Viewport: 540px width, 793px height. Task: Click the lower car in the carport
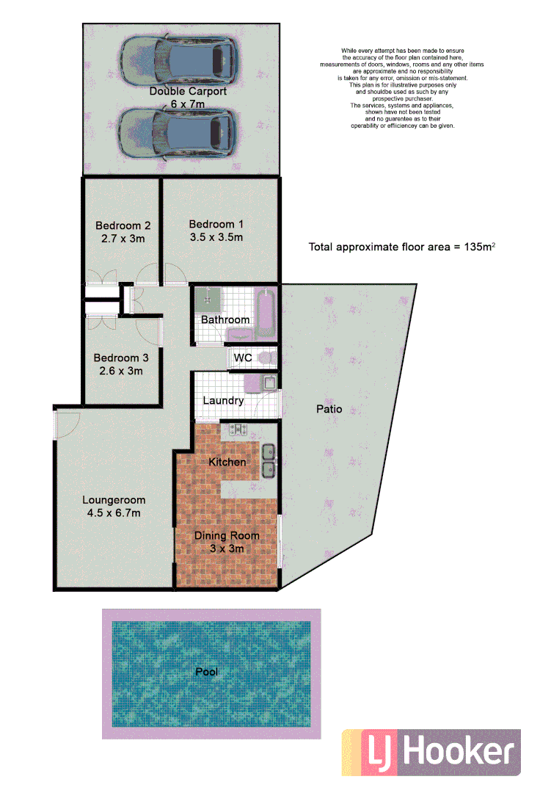pyautogui.click(x=179, y=132)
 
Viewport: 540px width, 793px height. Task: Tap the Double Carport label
pyautogui.click(x=188, y=92)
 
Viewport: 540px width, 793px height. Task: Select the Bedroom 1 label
pyautogui.click(x=216, y=225)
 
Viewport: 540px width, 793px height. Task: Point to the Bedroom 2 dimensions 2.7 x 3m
pyautogui.click(x=123, y=239)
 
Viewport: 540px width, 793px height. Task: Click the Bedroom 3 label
pyautogui.click(x=121, y=358)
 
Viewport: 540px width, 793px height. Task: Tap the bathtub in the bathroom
pyautogui.click(x=266, y=312)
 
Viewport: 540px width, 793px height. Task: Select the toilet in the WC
pyautogui.click(x=268, y=358)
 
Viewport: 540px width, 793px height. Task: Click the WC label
pyautogui.click(x=243, y=358)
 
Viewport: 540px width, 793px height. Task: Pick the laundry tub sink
pyautogui.click(x=269, y=382)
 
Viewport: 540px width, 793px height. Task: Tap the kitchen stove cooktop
pyautogui.click(x=238, y=430)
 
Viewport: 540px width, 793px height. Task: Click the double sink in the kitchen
pyautogui.click(x=269, y=458)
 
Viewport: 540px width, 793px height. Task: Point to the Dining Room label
pyautogui.click(x=227, y=536)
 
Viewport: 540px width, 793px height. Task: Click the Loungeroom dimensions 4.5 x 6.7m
pyautogui.click(x=114, y=513)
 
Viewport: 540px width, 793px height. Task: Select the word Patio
pyautogui.click(x=329, y=409)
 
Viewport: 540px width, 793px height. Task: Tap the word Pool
pyautogui.click(x=206, y=671)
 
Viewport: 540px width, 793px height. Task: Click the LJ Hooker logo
pyautogui.click(x=431, y=753)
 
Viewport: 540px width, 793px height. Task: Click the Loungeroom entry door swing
pyautogui.click(x=67, y=424)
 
